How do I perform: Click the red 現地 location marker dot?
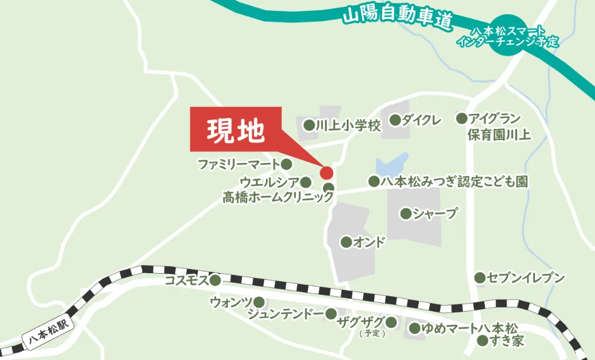point(326,173)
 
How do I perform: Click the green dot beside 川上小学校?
point(309,125)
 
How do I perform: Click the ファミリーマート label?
point(238,164)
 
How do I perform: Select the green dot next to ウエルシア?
point(306,182)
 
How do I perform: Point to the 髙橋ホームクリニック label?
point(278,198)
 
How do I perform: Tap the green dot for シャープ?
point(406,214)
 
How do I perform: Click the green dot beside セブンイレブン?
point(480,278)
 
